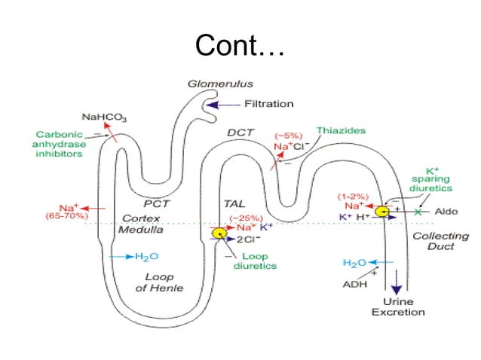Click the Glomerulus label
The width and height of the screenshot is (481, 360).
point(219,84)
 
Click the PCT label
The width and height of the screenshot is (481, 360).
point(158,203)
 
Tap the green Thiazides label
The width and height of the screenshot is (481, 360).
point(341,130)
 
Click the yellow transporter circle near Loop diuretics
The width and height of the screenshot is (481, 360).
point(219,233)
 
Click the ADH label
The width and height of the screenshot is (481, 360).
point(356,284)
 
